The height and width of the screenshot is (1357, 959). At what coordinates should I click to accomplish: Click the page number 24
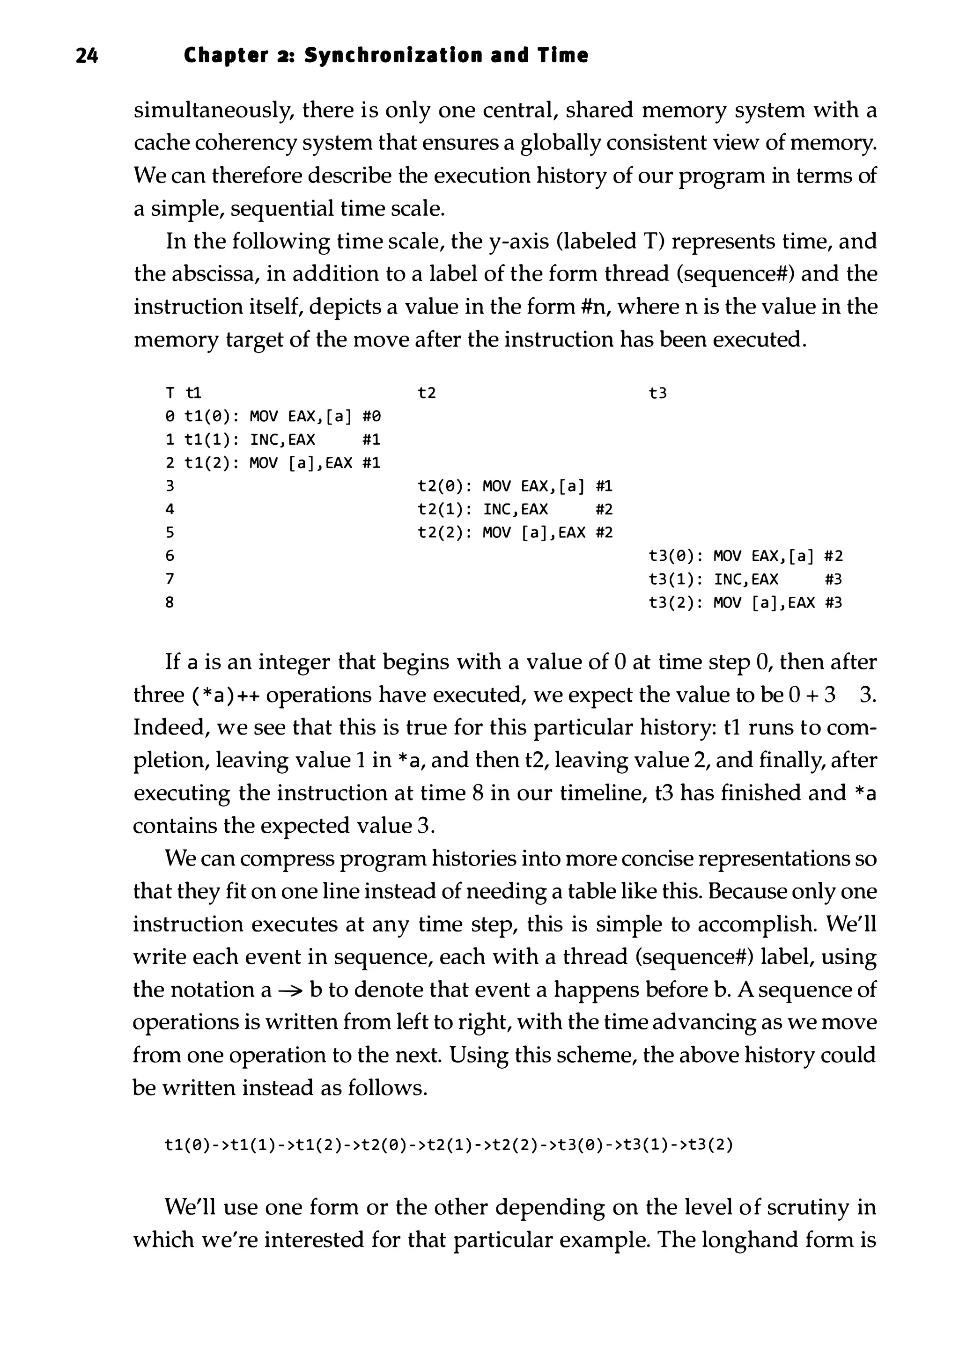point(87,56)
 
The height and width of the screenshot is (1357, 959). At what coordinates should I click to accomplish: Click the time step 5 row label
point(170,533)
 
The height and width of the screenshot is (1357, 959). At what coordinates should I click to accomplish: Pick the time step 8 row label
point(170,603)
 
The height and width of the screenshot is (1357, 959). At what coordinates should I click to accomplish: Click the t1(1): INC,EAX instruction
point(250,440)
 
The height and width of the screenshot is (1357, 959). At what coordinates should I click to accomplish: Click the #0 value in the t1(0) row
point(371,417)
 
